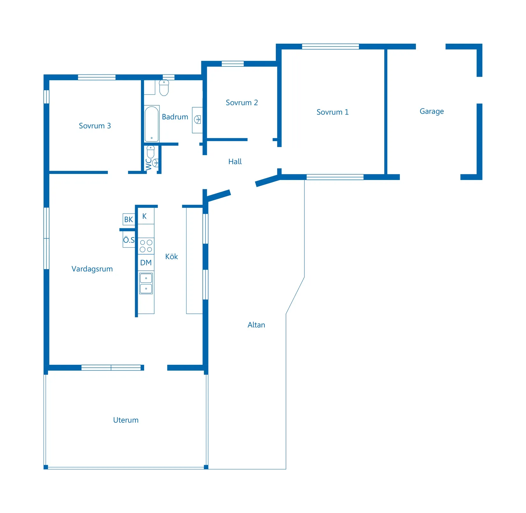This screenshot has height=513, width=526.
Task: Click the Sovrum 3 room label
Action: pos(95,126)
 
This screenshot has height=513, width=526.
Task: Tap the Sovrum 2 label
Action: pos(242,102)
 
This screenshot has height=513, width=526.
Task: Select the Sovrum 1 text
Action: pos(332,112)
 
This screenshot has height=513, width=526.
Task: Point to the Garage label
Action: pos(432,111)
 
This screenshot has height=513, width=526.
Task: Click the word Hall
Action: pos(235,162)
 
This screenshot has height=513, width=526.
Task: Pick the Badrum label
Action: pos(175,117)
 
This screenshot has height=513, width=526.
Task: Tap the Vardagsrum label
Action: pos(92,269)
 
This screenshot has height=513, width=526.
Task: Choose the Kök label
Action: pos(172,257)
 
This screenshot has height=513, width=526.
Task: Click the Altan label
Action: pos(256,325)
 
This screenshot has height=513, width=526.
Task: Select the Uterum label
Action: pos(126,420)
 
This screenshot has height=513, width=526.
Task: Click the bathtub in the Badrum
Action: pos(152,124)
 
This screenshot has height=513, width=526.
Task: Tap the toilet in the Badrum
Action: pos(164,88)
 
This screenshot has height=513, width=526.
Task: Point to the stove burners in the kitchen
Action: pos(146,246)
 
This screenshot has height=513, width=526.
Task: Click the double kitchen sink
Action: pos(146,283)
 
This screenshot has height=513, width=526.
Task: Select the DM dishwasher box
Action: pos(146,263)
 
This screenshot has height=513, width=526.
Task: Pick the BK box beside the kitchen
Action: pos(129,219)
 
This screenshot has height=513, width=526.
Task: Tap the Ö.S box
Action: pos(129,240)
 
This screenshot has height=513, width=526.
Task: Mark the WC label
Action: pos(149,164)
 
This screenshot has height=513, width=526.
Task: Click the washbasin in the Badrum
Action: pos(197,120)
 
